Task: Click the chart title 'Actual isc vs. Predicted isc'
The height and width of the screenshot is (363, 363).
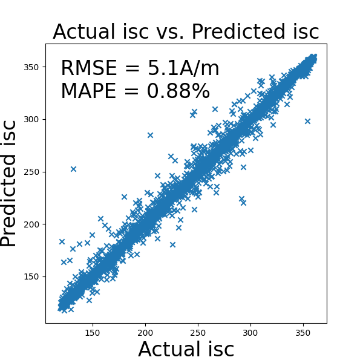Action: (186, 31)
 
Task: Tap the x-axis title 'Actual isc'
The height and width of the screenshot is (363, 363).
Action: (186, 350)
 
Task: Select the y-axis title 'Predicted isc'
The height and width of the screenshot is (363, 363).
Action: (9, 183)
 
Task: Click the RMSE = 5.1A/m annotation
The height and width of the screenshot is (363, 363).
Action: (140, 69)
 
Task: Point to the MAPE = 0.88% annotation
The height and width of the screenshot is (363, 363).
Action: (135, 91)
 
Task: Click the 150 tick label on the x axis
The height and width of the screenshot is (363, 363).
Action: (93, 332)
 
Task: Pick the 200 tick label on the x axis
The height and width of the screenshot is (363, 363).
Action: (145, 332)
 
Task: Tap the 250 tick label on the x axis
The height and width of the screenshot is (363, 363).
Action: (198, 332)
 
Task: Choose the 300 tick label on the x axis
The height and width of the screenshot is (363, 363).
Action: (250, 332)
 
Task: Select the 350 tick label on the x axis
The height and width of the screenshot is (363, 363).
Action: (303, 332)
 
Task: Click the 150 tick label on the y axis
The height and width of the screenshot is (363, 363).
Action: (32, 276)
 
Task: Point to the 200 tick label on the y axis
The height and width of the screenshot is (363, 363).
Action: (32, 224)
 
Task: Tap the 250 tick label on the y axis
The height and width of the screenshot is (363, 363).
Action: (32, 172)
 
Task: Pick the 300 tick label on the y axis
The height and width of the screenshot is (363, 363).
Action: (32, 119)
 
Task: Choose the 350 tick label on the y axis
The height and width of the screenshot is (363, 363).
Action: (32, 67)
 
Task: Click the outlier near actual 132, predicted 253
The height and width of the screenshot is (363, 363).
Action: (73, 169)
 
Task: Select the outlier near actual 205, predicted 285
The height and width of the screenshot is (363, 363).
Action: (150, 135)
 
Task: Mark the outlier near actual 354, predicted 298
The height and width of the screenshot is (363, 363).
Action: (307, 121)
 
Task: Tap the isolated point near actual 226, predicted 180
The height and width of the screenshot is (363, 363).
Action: (172, 245)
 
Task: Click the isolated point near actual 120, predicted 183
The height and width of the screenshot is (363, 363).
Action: (62, 241)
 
